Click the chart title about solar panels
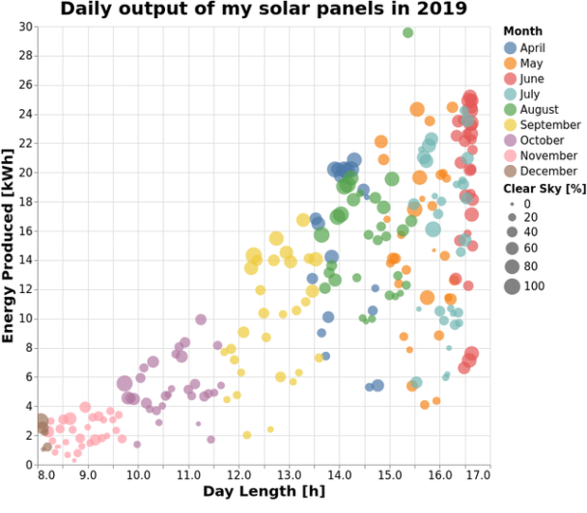[263, 11]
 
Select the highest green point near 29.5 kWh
[407, 33]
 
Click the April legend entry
[533, 47]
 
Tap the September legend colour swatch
[509, 124]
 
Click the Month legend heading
[522, 31]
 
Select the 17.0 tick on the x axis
[477, 474]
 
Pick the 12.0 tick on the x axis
[238, 474]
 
